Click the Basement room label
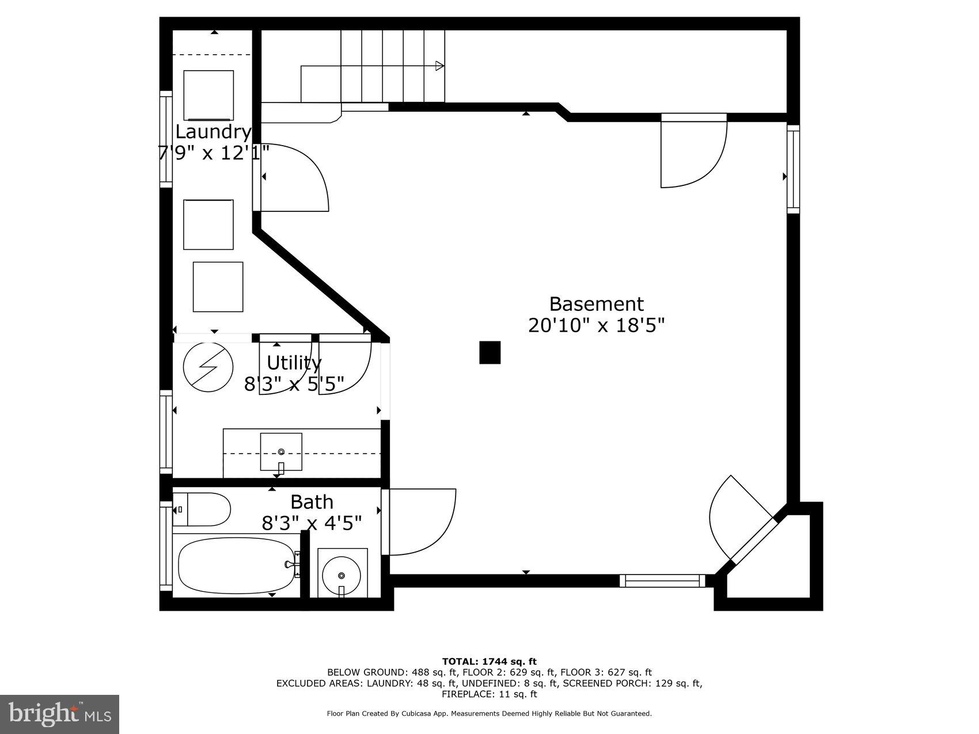(x=596, y=304)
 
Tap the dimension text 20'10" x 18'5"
(x=596, y=326)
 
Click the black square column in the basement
(x=490, y=352)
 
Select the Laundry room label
(x=213, y=132)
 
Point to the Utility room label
(x=294, y=363)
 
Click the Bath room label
(x=312, y=502)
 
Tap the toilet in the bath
(x=202, y=509)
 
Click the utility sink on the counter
(x=281, y=452)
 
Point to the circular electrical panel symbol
(x=208, y=367)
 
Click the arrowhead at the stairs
(x=439, y=66)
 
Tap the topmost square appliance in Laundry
(x=208, y=95)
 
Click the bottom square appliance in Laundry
(x=218, y=287)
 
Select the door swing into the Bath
(x=420, y=521)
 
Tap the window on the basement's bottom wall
(x=662, y=580)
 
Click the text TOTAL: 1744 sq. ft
(x=489, y=661)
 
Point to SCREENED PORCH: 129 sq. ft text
(x=632, y=683)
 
